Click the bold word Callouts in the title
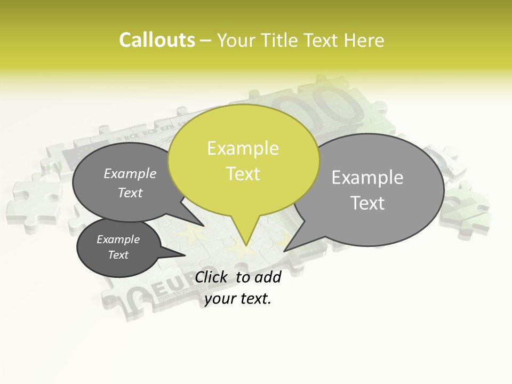[x=157, y=41]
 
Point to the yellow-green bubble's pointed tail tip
[x=245, y=245]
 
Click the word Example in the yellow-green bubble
[x=243, y=148]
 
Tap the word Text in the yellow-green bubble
[x=243, y=174]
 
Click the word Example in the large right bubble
[x=367, y=177]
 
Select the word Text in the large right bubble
[x=367, y=203]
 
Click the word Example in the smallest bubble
[x=118, y=239]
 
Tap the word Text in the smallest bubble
[x=118, y=255]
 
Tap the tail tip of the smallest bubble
[x=186, y=254]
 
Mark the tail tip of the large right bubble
[x=284, y=251]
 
